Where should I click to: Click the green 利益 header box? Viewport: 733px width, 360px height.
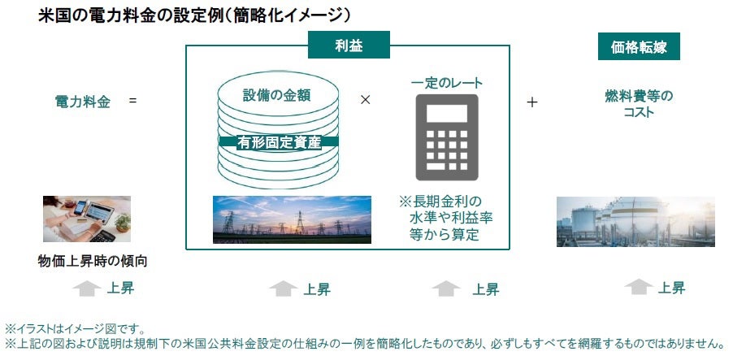[x=349, y=45]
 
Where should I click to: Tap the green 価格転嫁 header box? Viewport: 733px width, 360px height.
[x=639, y=46]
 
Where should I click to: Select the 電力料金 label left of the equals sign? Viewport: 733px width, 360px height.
[x=83, y=102]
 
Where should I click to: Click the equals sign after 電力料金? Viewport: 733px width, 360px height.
[x=132, y=100]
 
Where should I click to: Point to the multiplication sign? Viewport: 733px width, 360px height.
[x=365, y=100]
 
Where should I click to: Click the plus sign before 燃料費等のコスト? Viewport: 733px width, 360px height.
[x=532, y=102]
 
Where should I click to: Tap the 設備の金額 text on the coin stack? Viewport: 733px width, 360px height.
[x=277, y=95]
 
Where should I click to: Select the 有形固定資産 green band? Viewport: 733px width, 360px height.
[x=279, y=141]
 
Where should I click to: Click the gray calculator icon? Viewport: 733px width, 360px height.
[x=447, y=137]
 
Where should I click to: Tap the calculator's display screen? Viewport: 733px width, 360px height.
[x=447, y=114]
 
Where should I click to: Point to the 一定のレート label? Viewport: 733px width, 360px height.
[x=447, y=83]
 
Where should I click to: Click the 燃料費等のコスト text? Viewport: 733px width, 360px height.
[x=639, y=104]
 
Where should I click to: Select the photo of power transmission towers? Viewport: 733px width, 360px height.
[x=293, y=219]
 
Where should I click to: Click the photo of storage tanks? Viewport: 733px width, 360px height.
[x=635, y=222]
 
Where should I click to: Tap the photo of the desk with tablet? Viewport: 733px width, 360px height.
[x=87, y=219]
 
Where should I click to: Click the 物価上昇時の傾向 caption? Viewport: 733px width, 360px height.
[x=93, y=261]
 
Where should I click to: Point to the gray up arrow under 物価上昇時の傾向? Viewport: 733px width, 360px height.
[x=86, y=288]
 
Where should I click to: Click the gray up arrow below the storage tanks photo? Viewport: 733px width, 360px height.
[x=639, y=287]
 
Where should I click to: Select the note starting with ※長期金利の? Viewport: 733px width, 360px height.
[x=445, y=218]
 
